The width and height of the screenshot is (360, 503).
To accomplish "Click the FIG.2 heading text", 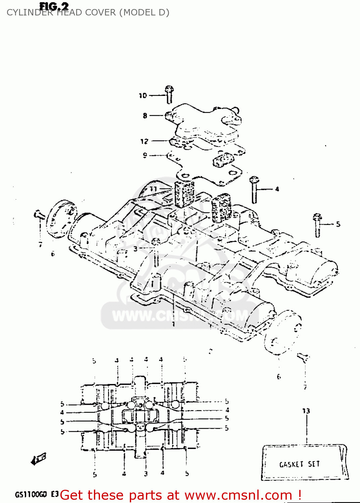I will coord(54,6).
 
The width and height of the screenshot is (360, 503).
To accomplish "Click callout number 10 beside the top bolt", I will coord(143,96).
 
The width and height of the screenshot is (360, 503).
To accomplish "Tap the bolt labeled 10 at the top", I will coord(169,94).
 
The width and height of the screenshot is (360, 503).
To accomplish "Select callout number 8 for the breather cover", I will coord(145,116).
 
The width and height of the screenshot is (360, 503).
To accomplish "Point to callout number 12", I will coord(144,142).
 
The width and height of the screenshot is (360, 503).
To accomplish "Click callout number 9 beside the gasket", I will coord(145,155).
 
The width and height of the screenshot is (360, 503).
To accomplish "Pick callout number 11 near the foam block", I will coord(153,189).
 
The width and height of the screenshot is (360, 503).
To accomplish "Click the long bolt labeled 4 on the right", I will coord(254,190).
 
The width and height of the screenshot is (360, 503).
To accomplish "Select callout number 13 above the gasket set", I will coord(306,411).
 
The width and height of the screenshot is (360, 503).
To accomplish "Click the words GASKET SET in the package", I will coord(299,464).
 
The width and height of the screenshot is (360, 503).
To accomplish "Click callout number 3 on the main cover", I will coord(135,248).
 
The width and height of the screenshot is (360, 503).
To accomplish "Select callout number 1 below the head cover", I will coord(173,324).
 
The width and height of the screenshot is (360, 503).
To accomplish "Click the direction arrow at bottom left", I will coord(39,458).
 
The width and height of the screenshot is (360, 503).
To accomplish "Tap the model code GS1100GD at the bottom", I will coord(31,495).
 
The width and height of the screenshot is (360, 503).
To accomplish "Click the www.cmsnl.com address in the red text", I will coord(238,495).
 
